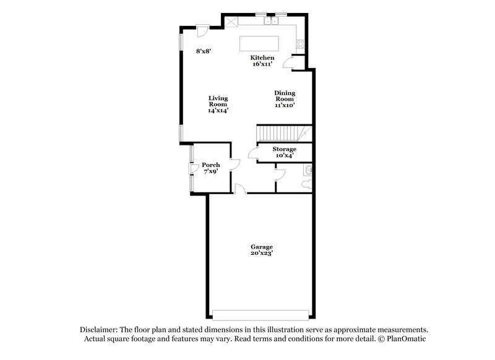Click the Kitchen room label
[x=262, y=58]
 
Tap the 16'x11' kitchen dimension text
[x=262, y=64]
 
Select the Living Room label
[x=218, y=101]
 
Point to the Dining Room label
[x=285, y=96]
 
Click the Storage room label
[x=285, y=149]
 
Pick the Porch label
[x=211, y=165]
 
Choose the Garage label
[x=262, y=246]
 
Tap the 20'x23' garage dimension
[x=262, y=253]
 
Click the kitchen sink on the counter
[x=270, y=21]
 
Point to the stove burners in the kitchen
[x=300, y=43]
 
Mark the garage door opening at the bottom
[x=260, y=311]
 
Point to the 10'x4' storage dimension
[x=285, y=156]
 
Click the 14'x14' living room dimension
[x=218, y=110]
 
